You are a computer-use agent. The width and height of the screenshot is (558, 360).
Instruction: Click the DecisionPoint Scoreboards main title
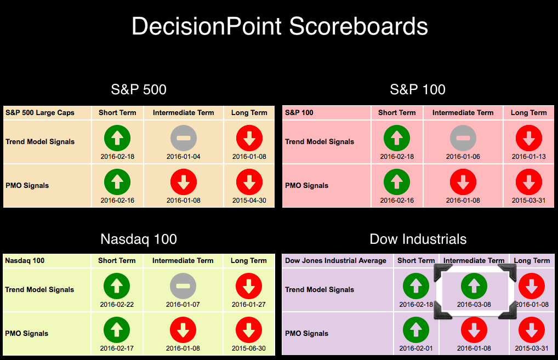pyautogui.click(x=280, y=27)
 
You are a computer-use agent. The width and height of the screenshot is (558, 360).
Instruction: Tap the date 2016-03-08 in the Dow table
pyautogui.click(x=474, y=305)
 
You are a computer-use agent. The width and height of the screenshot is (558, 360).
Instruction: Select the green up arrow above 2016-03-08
pyautogui.click(x=474, y=286)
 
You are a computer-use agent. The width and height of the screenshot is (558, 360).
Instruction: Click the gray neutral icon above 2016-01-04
pyautogui.click(x=183, y=138)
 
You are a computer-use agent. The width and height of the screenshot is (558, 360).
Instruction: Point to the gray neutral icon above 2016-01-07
pyautogui.click(x=183, y=286)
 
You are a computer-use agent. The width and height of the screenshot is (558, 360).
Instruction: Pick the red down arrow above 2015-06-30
pyautogui.click(x=249, y=330)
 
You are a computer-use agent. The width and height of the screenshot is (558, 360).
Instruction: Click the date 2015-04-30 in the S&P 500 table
pyautogui.click(x=249, y=201)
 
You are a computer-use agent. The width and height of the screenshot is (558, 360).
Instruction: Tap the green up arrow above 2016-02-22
pyautogui.click(x=117, y=286)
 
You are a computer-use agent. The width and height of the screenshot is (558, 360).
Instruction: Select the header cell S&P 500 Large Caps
pyautogui.click(x=40, y=113)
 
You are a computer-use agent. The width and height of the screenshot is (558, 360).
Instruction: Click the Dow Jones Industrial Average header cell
pyautogui.click(x=335, y=261)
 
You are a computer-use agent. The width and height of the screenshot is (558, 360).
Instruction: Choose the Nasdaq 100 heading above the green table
pyautogui.click(x=139, y=239)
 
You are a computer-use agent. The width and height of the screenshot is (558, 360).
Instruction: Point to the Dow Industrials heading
pyautogui.click(x=418, y=239)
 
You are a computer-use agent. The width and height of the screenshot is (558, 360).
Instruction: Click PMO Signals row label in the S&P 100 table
pyautogui.click(x=307, y=185)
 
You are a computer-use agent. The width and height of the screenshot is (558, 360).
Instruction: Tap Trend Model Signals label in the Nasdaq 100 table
pyautogui.click(x=39, y=289)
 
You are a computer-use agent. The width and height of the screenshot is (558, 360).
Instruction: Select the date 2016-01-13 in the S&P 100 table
pyautogui.click(x=528, y=157)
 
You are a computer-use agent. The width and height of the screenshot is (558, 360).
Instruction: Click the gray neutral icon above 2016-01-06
pyautogui.click(x=463, y=138)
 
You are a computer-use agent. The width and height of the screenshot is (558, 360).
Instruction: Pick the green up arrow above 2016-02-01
pyautogui.click(x=415, y=330)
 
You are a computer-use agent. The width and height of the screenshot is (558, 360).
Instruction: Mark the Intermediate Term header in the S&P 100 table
pyautogui.click(x=463, y=113)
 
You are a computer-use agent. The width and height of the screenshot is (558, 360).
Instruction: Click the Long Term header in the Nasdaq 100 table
pyautogui.click(x=248, y=261)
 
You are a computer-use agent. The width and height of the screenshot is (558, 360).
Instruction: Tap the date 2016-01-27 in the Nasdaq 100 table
pyautogui.click(x=248, y=305)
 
